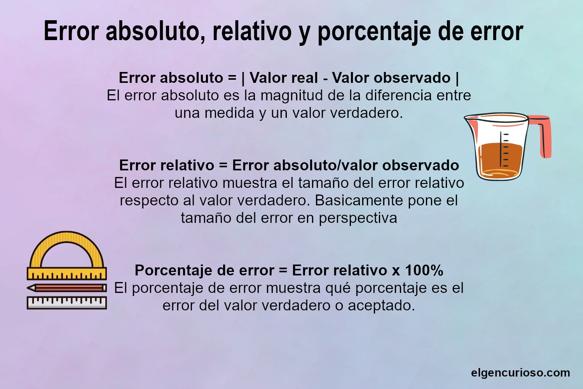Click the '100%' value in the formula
pos(424,270)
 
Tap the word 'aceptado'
pos(381,306)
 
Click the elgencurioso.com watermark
pos(520,373)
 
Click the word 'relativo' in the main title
pos(252,31)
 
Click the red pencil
pos(70,288)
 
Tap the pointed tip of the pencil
pos(29,288)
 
